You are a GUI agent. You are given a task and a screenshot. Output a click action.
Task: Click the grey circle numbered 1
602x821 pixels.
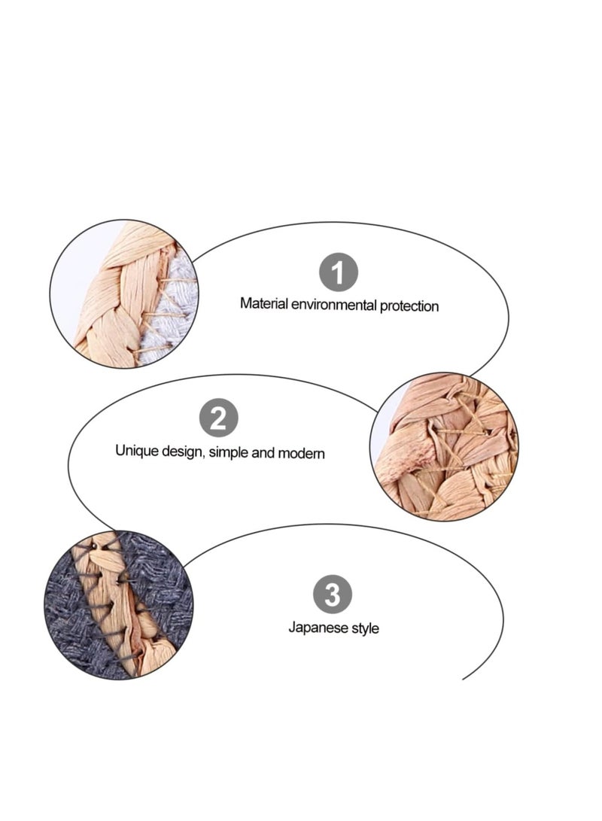pyautogui.click(x=339, y=272)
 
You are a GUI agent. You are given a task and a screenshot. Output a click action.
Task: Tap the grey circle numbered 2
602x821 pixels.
pyautogui.click(x=218, y=418)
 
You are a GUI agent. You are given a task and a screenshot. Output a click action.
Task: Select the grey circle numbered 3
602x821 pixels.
pyautogui.click(x=333, y=595)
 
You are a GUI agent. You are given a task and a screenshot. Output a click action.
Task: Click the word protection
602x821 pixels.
pyautogui.click(x=409, y=306)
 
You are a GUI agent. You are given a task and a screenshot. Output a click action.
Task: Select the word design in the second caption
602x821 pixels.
pyautogui.click(x=178, y=452)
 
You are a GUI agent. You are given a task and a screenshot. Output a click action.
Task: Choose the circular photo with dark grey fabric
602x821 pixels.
pyautogui.click(x=118, y=606)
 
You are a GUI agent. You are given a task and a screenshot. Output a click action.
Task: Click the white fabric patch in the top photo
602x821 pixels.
pyautogui.click(x=169, y=316)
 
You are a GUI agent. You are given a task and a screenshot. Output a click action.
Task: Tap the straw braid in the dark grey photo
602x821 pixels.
pyautogui.click(x=128, y=610)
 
